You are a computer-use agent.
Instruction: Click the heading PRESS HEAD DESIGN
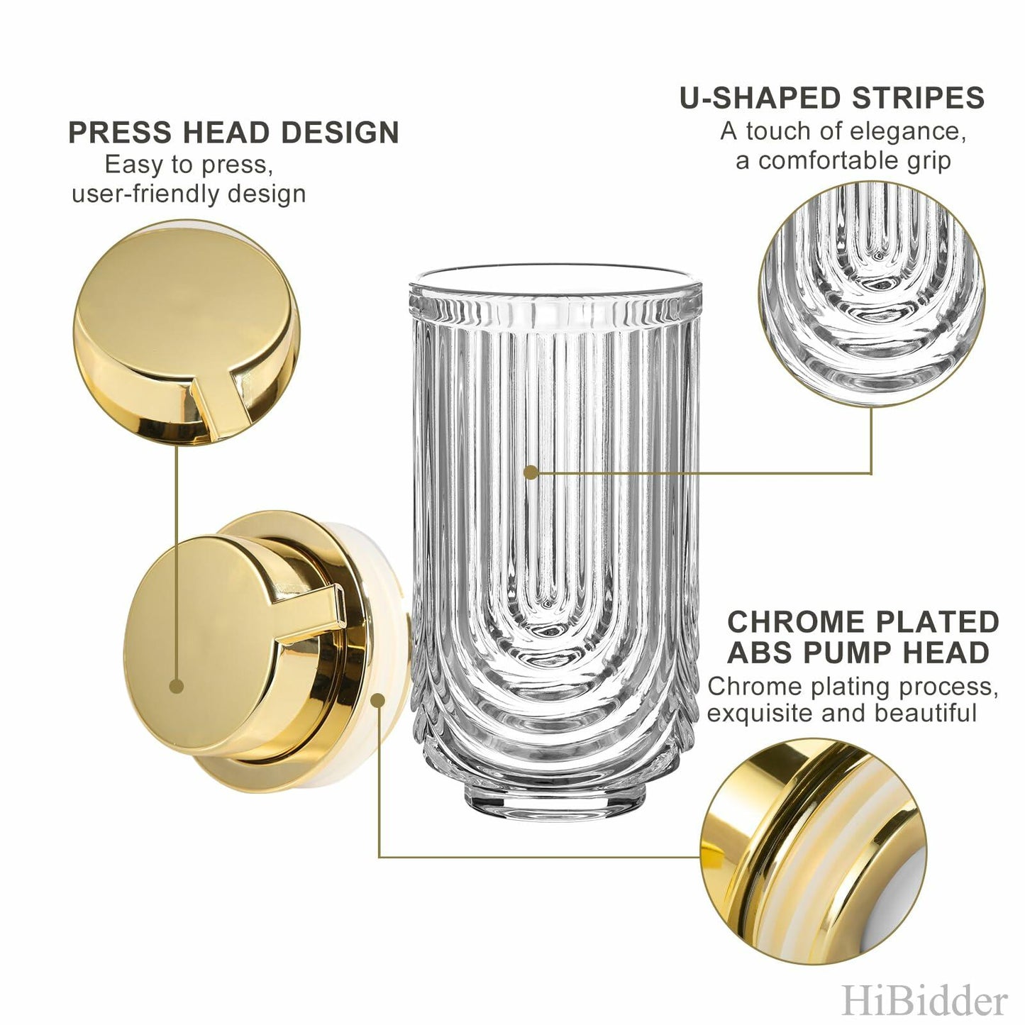233,133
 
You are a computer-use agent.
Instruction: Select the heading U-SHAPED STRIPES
831,98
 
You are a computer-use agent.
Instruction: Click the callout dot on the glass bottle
530,472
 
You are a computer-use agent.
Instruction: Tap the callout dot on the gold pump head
177,686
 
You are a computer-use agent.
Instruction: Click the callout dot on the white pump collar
379,701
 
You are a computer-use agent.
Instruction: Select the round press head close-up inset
187,333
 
